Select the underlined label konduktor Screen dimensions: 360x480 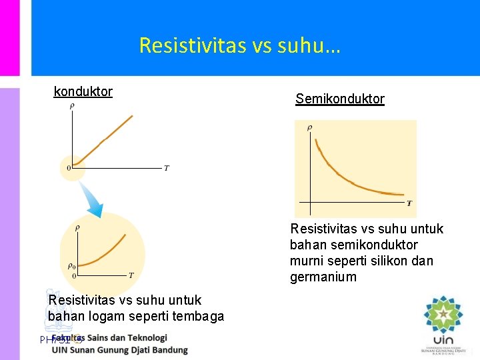coord(83,91)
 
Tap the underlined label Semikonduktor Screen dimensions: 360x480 coord(340,99)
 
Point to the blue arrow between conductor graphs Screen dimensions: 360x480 coord(92,200)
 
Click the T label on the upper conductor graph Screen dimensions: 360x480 coord(166,168)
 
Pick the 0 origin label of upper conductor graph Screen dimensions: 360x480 coord(68,168)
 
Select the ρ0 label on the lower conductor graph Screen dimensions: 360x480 coord(71,266)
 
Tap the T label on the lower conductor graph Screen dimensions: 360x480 coord(131,275)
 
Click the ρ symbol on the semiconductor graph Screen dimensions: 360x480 coord(309,127)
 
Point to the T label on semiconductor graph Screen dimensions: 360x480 coord(409,203)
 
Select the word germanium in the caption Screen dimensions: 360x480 coord(323,277)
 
